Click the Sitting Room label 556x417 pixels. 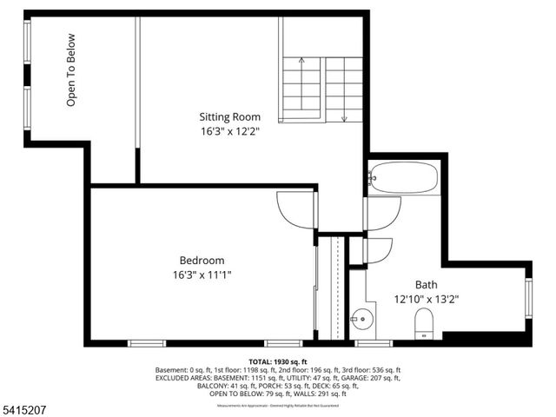pyautogui.click(x=229, y=116)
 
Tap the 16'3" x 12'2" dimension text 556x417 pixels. pyautogui.click(x=229, y=131)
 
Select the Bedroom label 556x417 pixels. pyautogui.click(x=202, y=261)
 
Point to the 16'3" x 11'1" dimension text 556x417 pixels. pyautogui.click(x=202, y=275)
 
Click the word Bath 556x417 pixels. pyautogui.click(x=426, y=284)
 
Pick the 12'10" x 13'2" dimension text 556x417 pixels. pyautogui.click(x=426, y=299)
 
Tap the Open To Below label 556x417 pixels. pyautogui.click(x=72, y=70)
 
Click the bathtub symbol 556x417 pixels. pyautogui.click(x=402, y=178)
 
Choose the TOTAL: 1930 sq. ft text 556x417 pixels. pyautogui.click(x=278, y=361)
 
